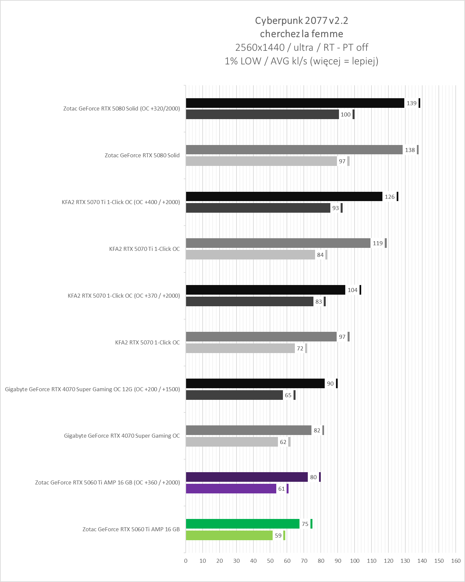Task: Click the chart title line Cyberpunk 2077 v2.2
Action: point(301,21)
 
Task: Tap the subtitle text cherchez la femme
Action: point(301,34)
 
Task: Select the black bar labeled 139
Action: point(295,103)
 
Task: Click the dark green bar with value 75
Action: point(242,524)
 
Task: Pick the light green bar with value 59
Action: point(229,536)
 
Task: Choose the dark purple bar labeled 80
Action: point(247,477)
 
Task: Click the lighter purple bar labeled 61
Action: point(231,489)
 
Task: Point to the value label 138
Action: point(410,150)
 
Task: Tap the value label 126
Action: point(390,197)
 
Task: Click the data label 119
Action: point(378,243)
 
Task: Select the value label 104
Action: point(353,290)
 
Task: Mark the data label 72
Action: point(300,348)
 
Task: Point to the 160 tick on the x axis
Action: point(456,561)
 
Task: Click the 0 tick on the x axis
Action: point(186,561)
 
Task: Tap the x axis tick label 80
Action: point(321,561)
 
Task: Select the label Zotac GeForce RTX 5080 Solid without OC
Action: point(142,155)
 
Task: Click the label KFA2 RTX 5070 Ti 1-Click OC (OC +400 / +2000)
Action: point(121,202)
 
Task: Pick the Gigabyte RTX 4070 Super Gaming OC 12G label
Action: point(92,389)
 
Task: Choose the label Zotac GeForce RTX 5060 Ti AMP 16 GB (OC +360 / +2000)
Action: point(107,482)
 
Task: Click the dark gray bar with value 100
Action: point(262,114)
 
